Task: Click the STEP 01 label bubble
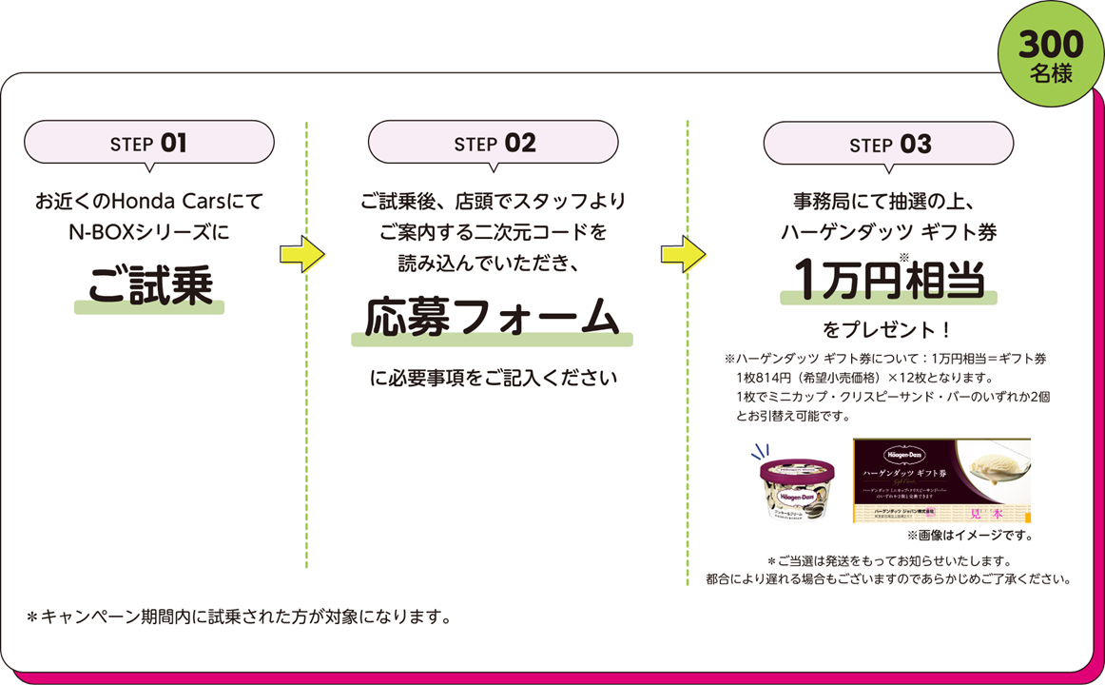pos(148,143)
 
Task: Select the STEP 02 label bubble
pos(494,143)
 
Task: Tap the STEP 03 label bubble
pos(888,144)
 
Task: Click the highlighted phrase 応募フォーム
pos(493,318)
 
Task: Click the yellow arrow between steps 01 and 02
pos(301,253)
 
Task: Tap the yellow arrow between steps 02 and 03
pos(683,253)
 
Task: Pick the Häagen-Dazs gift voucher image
pos(940,480)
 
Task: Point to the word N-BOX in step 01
pos(91,231)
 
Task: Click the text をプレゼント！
pos(887,330)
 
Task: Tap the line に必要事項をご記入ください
pos(493,378)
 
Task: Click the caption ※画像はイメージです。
pos(969,536)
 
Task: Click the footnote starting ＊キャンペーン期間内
pos(239,616)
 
